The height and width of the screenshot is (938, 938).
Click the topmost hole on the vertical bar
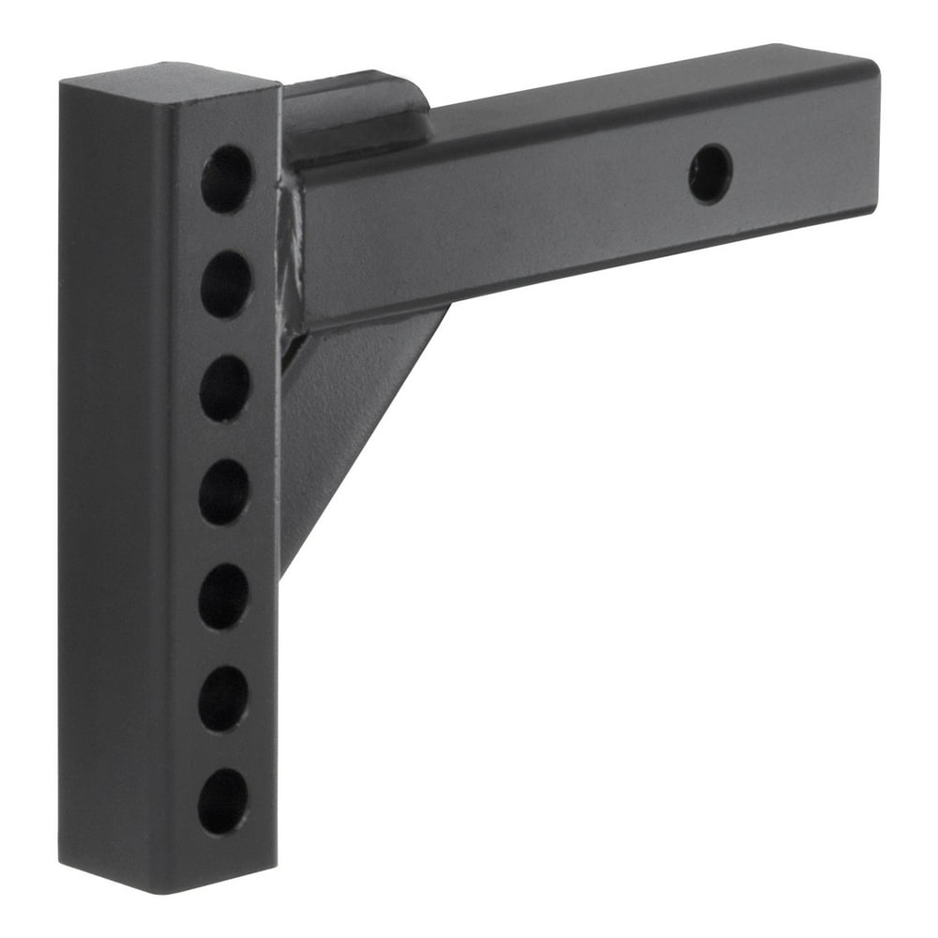click(226, 178)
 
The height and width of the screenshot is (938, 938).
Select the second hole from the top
click(225, 283)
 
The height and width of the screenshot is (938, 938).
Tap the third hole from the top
click(224, 387)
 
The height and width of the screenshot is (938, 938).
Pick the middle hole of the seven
click(223, 492)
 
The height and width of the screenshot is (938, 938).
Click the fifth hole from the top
click(223, 596)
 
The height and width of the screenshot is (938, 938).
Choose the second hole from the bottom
click(222, 699)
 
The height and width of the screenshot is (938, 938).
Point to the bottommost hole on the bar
click(222, 801)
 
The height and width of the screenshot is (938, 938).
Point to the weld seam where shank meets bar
click(290, 253)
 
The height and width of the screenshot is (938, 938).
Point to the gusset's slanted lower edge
click(366, 441)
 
